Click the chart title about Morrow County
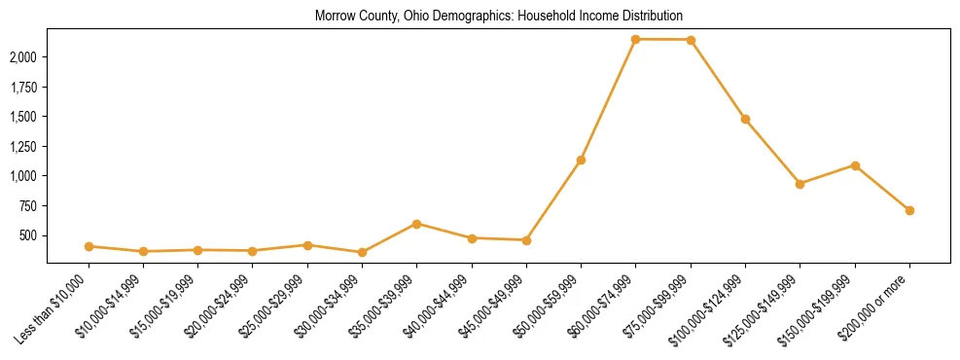click(499, 17)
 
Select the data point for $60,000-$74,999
click(635, 39)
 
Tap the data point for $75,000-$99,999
click(691, 40)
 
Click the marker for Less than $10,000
click(89, 246)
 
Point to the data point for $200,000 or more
click(909, 210)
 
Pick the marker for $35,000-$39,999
click(416, 224)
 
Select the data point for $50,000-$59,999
click(581, 160)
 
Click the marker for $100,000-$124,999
click(745, 119)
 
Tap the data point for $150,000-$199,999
click(855, 165)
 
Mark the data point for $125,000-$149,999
click(800, 184)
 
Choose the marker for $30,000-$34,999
click(362, 252)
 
